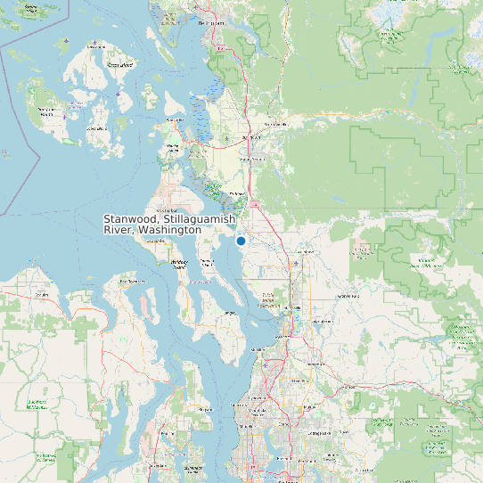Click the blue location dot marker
tap(241, 241)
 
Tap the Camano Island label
tap(207, 263)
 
